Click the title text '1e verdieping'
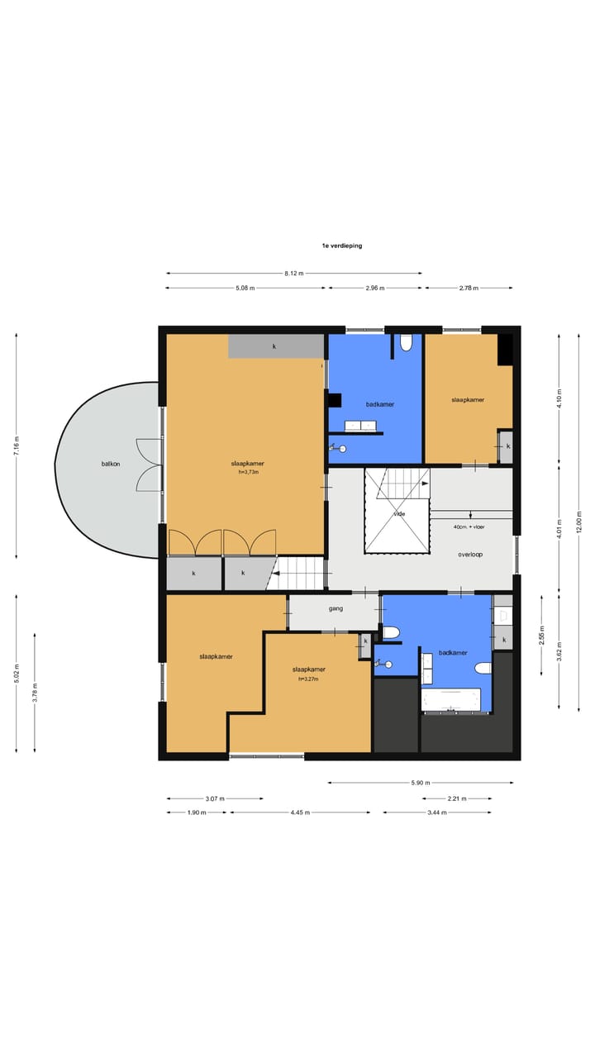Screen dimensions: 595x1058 click(x=342, y=245)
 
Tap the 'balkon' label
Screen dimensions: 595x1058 click(x=111, y=464)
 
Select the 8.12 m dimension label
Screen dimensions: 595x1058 click(x=293, y=273)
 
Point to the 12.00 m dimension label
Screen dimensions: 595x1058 click(x=579, y=522)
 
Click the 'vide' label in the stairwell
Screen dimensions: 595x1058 click(x=399, y=514)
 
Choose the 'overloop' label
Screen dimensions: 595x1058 click(x=470, y=555)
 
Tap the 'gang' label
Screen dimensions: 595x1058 click(x=336, y=608)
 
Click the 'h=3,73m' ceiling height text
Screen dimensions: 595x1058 click(x=249, y=472)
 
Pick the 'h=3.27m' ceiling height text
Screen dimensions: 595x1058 click(x=308, y=679)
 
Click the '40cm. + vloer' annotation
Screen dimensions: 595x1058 click(x=469, y=527)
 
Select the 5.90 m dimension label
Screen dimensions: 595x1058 click(x=421, y=783)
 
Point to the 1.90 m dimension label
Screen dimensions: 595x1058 click(x=197, y=813)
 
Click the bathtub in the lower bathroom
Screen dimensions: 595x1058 click(x=451, y=699)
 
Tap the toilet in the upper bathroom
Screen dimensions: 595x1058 click(x=406, y=343)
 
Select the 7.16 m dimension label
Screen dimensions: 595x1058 click(x=17, y=446)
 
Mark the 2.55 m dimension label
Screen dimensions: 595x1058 click(x=541, y=636)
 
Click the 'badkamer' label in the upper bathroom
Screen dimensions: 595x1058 click(x=380, y=404)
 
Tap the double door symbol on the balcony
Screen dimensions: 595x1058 click(x=150, y=465)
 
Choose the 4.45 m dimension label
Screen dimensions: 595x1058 click(x=300, y=813)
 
